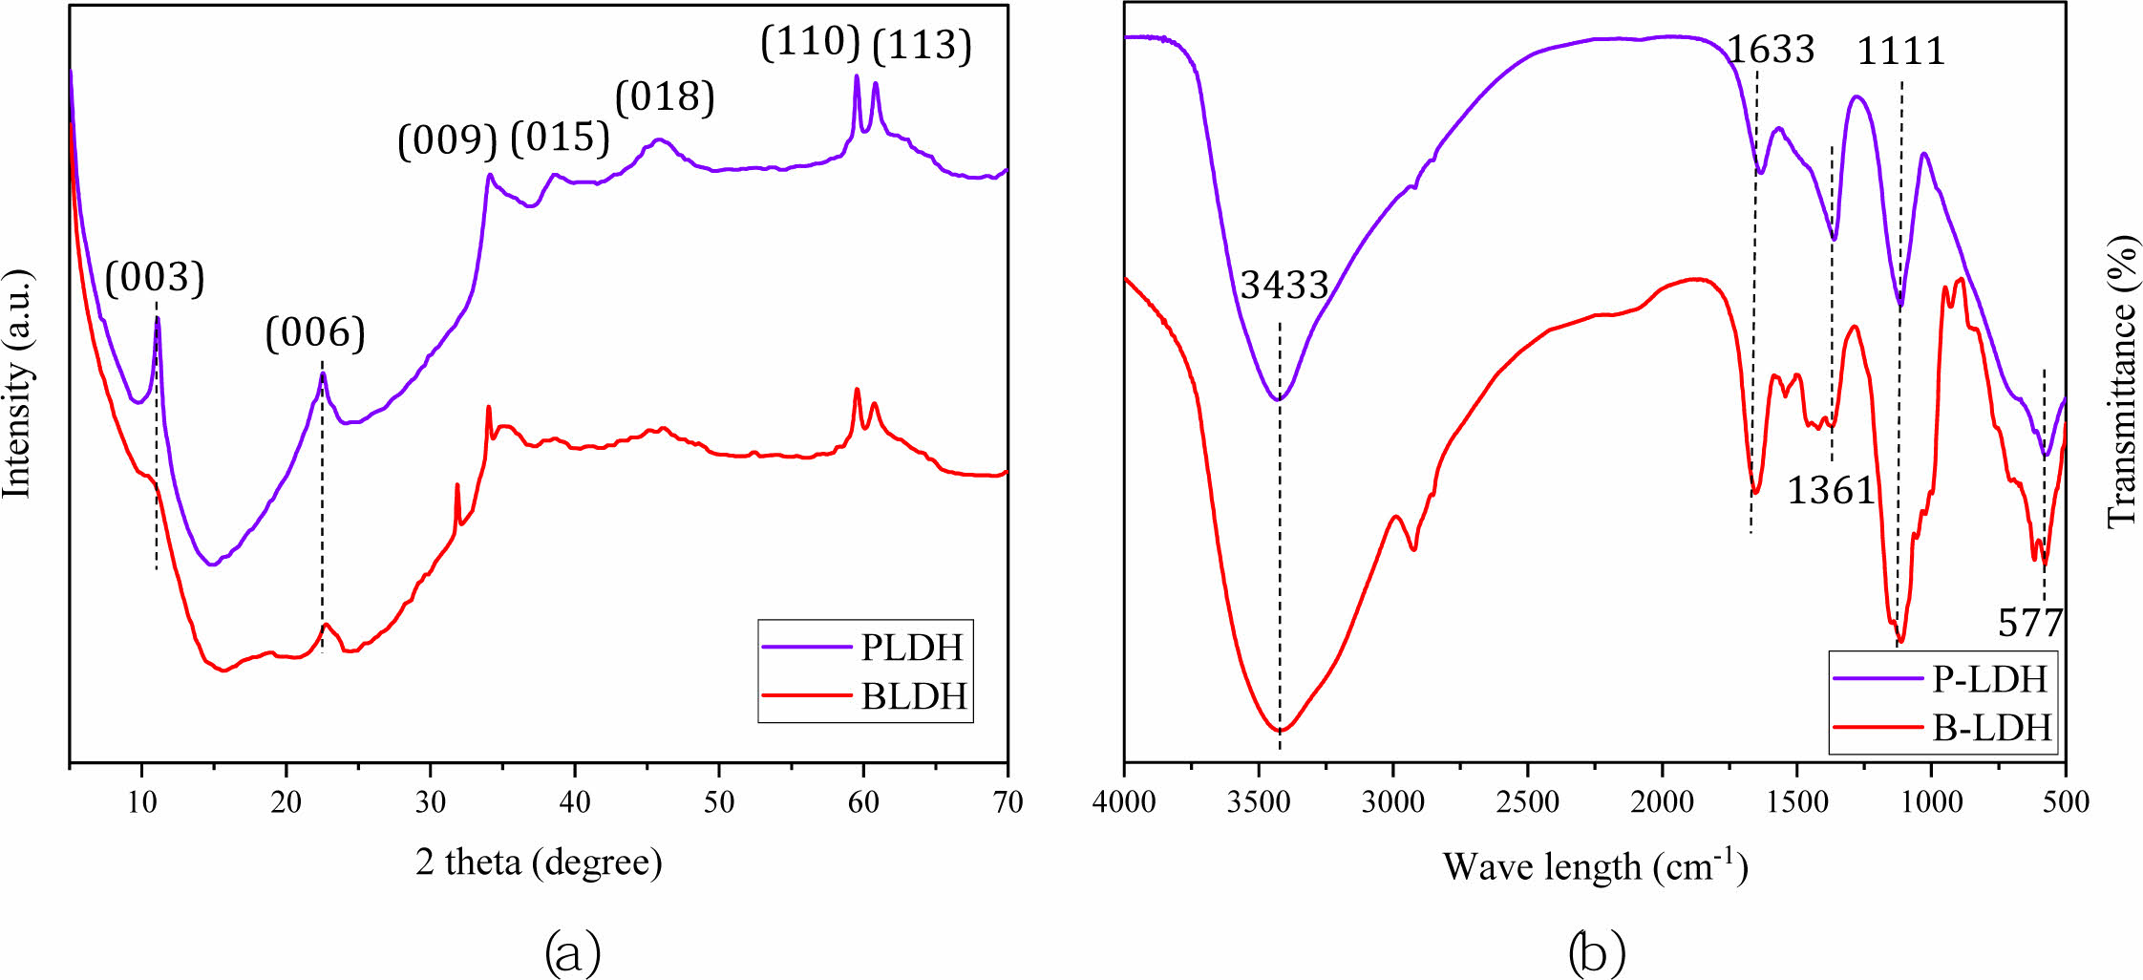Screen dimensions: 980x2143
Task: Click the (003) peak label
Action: [x=155, y=278]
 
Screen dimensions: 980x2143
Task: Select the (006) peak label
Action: [x=315, y=333]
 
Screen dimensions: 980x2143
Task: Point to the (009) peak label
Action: [x=448, y=140]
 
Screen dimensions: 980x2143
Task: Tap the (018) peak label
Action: [x=665, y=96]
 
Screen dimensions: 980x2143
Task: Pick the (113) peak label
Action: [x=923, y=45]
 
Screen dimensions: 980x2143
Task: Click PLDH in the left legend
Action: [x=912, y=648]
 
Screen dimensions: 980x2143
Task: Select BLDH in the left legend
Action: [x=914, y=696]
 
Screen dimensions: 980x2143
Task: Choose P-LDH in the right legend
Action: [x=1990, y=678]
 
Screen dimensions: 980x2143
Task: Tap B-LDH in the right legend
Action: [x=1992, y=728]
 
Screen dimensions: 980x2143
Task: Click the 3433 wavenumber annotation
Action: [x=1284, y=285]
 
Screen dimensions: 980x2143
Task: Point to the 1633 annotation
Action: [x=1771, y=50]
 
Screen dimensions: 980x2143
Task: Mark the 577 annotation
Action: [x=2030, y=623]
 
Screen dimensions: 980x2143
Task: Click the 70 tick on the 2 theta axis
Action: [x=1008, y=801]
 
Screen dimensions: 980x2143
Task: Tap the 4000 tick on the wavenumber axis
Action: [x=1125, y=801]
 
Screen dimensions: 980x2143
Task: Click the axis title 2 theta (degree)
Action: [x=539, y=863]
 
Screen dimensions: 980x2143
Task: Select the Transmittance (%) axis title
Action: [x=2121, y=380]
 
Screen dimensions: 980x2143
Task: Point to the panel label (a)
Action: [x=572, y=952]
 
